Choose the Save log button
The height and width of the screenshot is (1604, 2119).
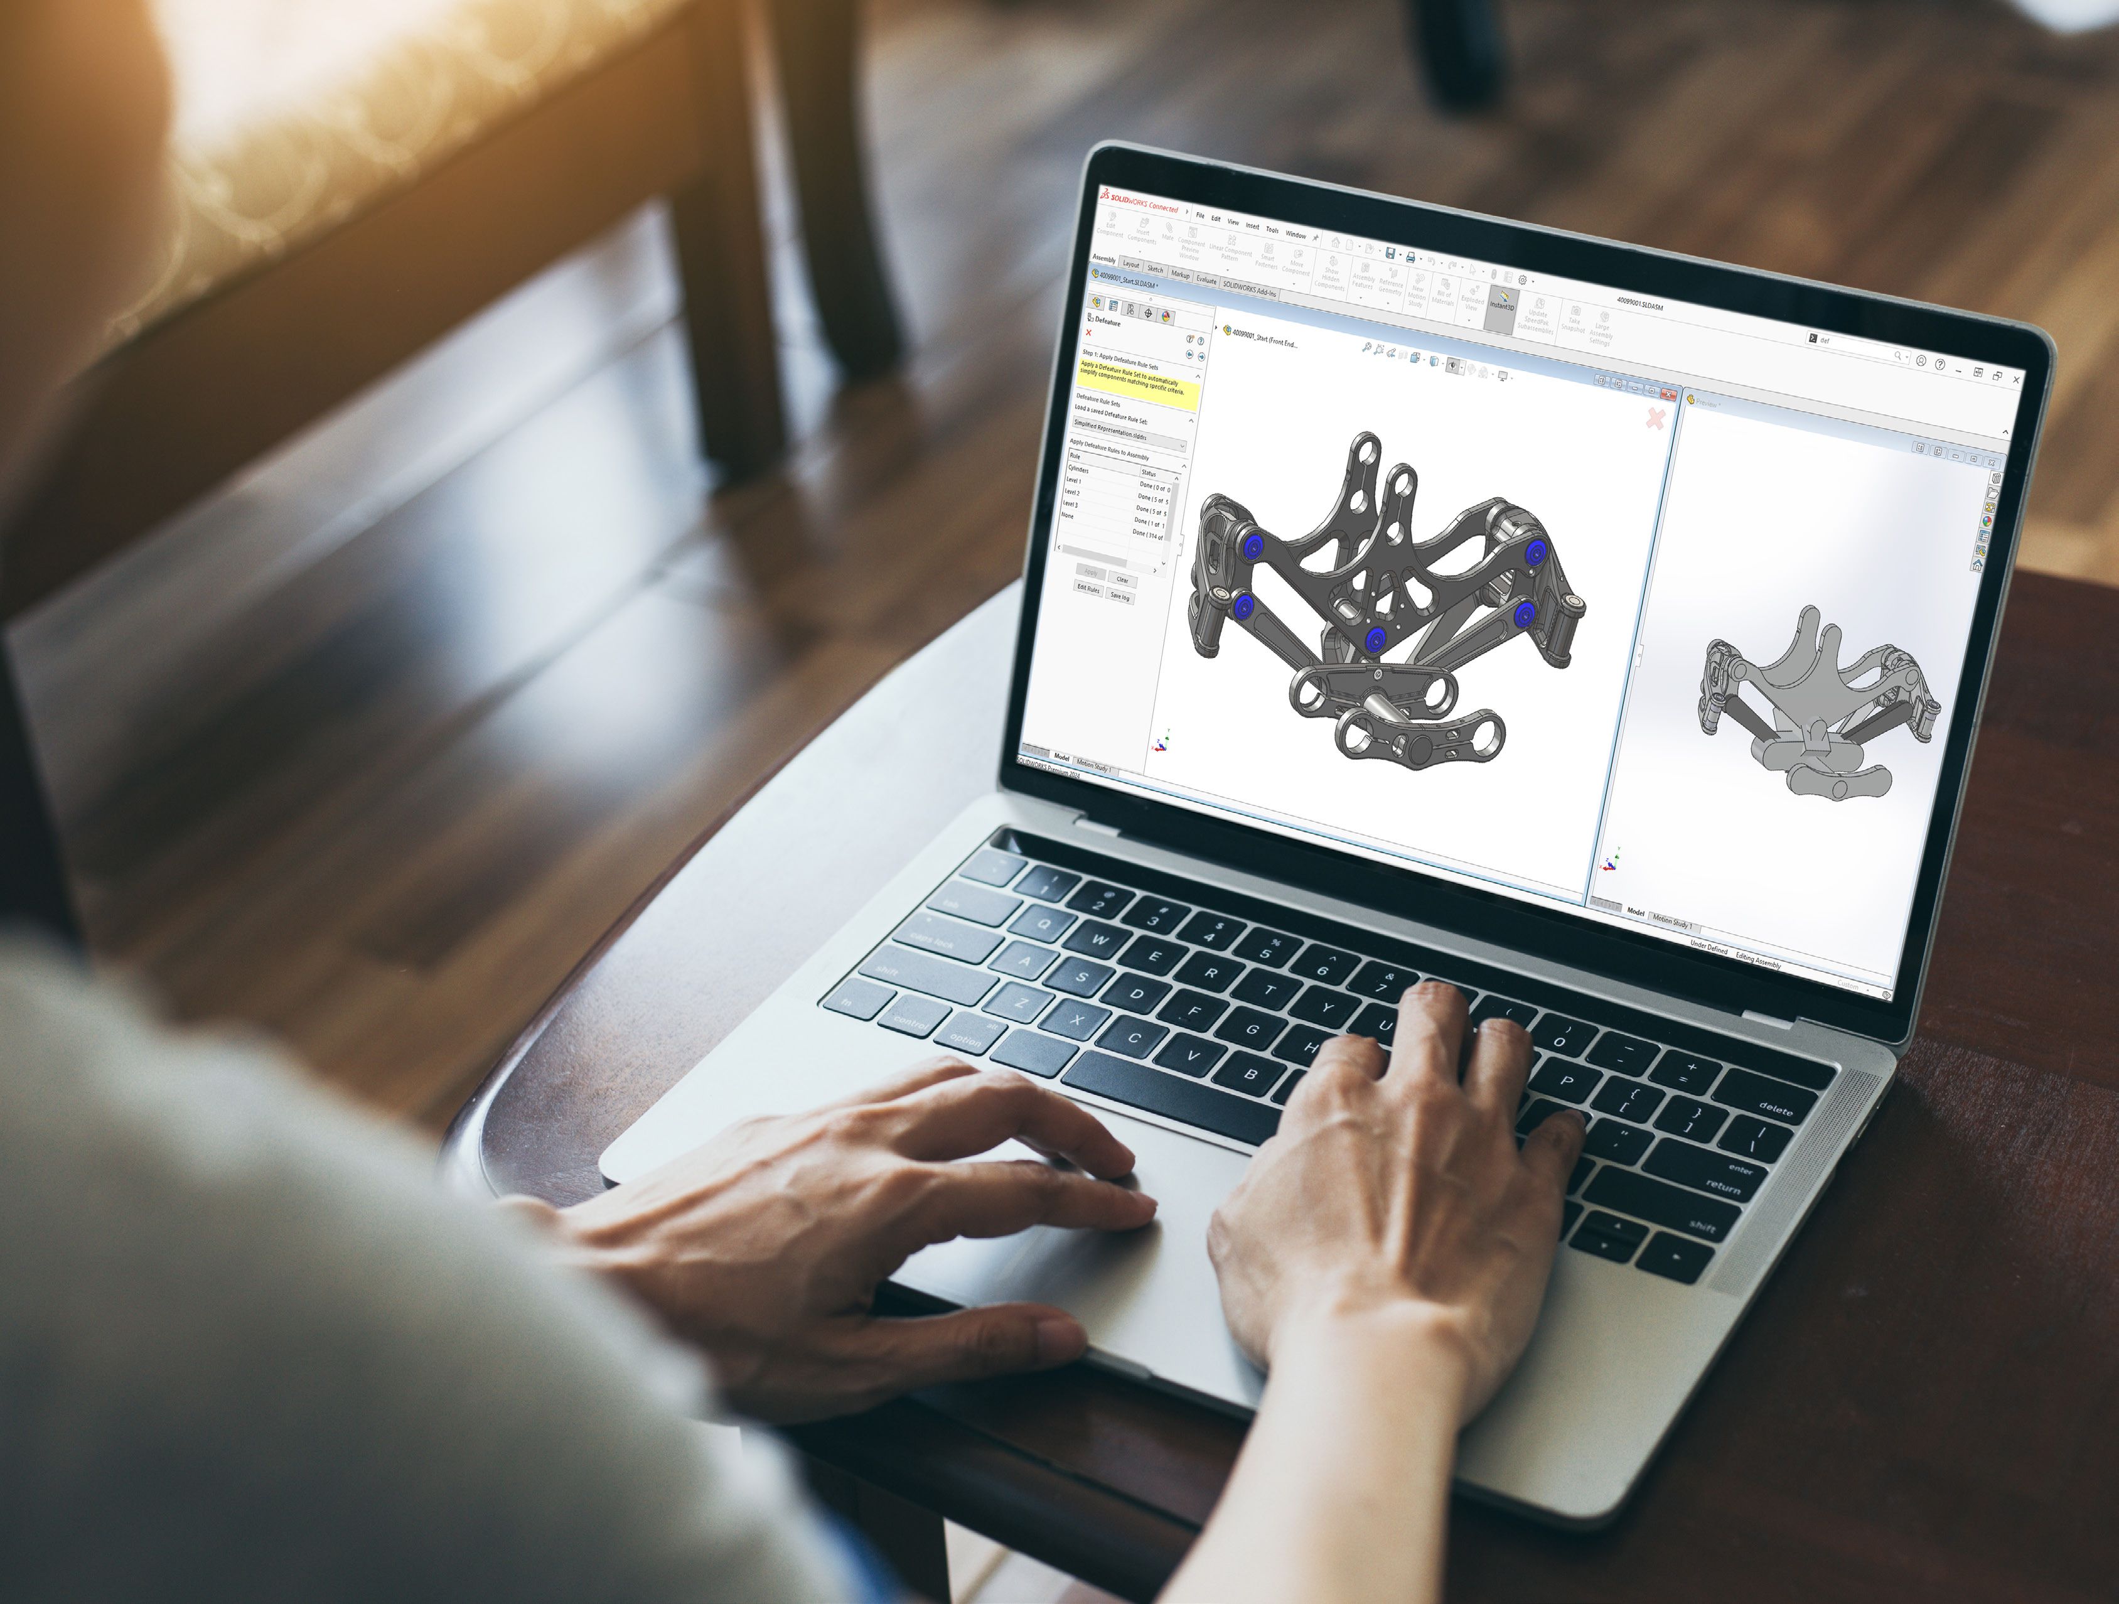(x=1119, y=595)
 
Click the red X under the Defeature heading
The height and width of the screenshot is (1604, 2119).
(x=1088, y=333)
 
